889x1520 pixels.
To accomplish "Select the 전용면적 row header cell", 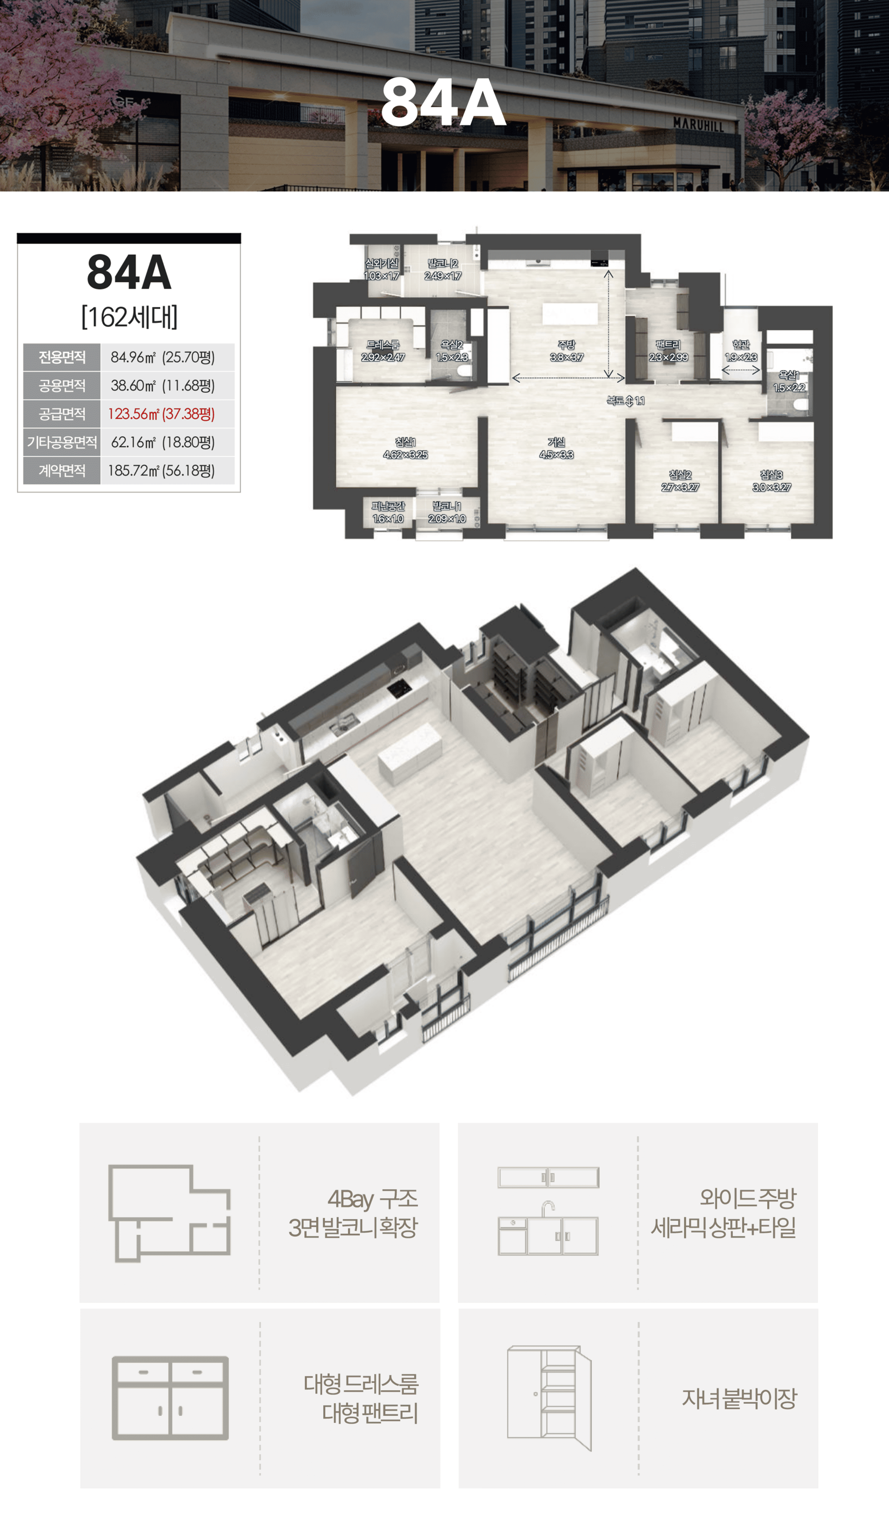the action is click(62, 357).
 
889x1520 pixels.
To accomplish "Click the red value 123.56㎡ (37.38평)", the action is click(162, 414).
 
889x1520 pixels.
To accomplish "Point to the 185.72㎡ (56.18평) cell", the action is click(162, 470).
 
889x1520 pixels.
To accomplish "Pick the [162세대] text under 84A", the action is click(129, 317).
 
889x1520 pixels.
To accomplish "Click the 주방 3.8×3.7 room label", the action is click(566, 350).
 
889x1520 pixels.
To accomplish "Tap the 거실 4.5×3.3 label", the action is click(556, 448).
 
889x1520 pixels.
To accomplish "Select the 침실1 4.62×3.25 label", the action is click(405, 448).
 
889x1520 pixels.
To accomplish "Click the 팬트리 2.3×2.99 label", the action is click(668, 350).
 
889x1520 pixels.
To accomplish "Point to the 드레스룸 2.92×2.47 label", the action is click(383, 350).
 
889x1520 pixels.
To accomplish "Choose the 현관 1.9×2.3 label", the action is click(741, 350).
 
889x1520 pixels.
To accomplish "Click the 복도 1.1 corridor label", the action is click(626, 400).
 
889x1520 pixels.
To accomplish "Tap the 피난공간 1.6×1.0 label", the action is click(388, 513).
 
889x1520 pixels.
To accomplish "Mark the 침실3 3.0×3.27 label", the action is click(772, 481).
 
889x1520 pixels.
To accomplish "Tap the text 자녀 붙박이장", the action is click(739, 1398).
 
